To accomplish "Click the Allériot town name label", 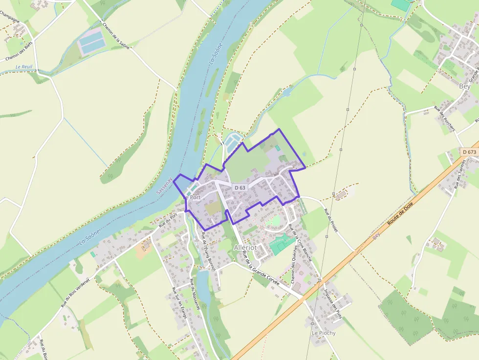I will click(x=245, y=247).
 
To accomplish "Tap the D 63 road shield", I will click(x=239, y=187).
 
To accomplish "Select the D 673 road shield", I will click(x=469, y=152).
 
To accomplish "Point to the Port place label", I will click(x=195, y=197).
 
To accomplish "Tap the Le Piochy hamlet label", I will click(x=324, y=333).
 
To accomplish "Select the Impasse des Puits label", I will click(x=333, y=302).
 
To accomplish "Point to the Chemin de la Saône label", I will click(x=116, y=35).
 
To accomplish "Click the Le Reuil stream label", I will click(x=23, y=67).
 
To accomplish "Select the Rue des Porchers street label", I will click(x=444, y=119).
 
